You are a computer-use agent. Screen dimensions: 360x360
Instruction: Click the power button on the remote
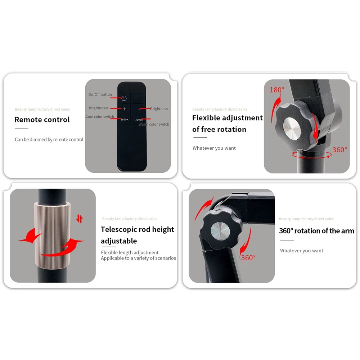pyautogui.click(x=124, y=98)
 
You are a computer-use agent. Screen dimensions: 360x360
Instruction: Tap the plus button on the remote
pyautogui.click(x=125, y=109)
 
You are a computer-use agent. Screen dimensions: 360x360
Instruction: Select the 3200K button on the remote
pyautogui.click(x=139, y=120)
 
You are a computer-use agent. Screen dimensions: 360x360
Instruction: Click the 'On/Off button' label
pyautogui.click(x=100, y=94)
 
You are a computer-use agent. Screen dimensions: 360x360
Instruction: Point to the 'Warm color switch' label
pyautogui.click(x=154, y=124)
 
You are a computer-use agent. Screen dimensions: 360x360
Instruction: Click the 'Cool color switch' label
pyautogui.click(x=100, y=117)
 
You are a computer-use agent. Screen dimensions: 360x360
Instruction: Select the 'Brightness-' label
pyautogui.click(x=159, y=109)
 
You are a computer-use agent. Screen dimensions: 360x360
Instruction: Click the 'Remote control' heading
pyautogui.click(x=42, y=120)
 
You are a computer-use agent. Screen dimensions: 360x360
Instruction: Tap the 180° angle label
pyautogui.click(x=277, y=90)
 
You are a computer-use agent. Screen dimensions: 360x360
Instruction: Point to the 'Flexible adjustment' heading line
pyautogui.click(x=228, y=118)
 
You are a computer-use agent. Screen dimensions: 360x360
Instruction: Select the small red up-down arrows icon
pyautogui.click(x=80, y=219)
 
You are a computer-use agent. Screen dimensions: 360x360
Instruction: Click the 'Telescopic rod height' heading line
pyautogui.click(x=137, y=229)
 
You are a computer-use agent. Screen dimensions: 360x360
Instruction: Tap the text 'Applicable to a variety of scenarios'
pyautogui.click(x=139, y=258)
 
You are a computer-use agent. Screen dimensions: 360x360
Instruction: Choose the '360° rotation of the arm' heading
pyautogui.click(x=316, y=231)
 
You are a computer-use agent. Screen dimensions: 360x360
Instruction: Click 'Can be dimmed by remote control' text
pyautogui.click(x=49, y=140)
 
